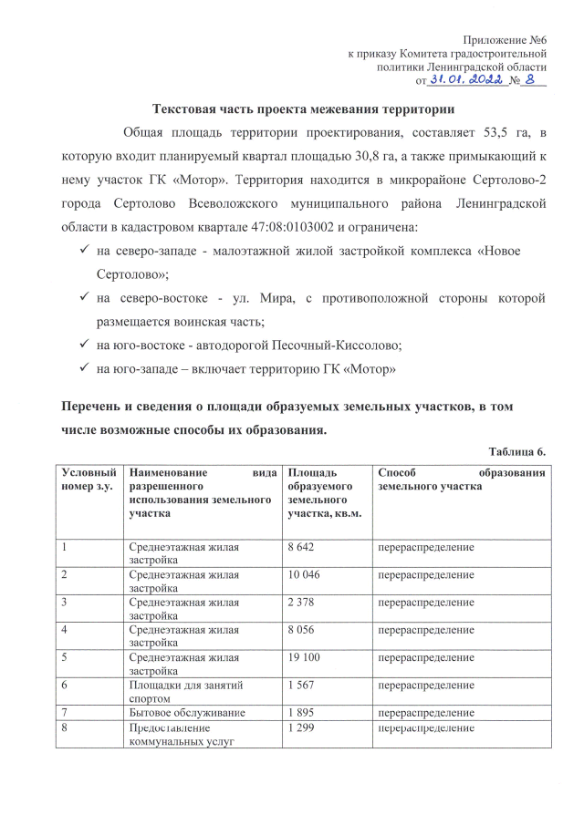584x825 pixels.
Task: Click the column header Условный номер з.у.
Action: point(89,480)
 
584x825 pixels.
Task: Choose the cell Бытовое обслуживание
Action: point(186,712)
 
